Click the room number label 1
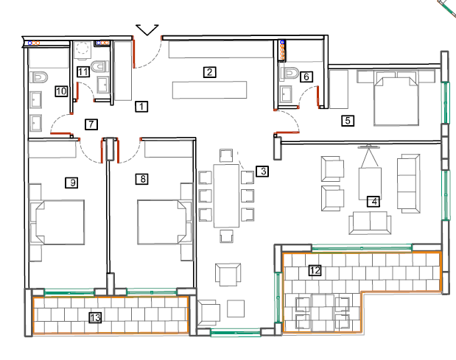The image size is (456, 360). click(141, 106)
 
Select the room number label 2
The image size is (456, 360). click(210, 71)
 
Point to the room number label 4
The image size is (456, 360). click(373, 201)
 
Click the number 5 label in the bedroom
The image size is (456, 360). click(348, 121)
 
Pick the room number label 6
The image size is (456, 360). click(306, 76)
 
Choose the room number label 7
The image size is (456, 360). click(91, 124)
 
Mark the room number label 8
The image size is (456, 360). click(143, 178)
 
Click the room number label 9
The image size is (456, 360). click(71, 182)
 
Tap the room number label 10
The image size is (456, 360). click(61, 91)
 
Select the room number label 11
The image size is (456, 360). click(83, 71)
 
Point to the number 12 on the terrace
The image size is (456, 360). click(315, 270)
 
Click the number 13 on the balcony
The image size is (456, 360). click(94, 317)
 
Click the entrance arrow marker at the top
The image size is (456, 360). click(148, 29)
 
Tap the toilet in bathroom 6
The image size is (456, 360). click(292, 74)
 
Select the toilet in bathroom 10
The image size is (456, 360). click(39, 77)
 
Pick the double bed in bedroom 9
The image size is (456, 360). click(57, 220)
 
